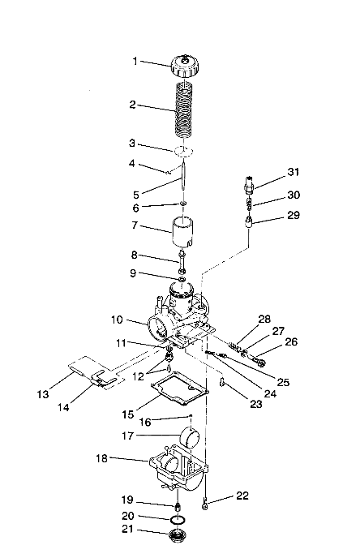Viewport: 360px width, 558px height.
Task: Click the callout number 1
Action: coord(135,61)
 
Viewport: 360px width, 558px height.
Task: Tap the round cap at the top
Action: coord(185,66)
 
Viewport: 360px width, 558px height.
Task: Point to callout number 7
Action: coord(135,225)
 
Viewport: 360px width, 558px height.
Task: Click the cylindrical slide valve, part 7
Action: coord(183,232)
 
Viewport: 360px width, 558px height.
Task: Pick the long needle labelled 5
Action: coord(183,180)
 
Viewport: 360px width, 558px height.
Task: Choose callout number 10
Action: coord(117,320)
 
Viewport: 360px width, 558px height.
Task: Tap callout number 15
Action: coord(128,414)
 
